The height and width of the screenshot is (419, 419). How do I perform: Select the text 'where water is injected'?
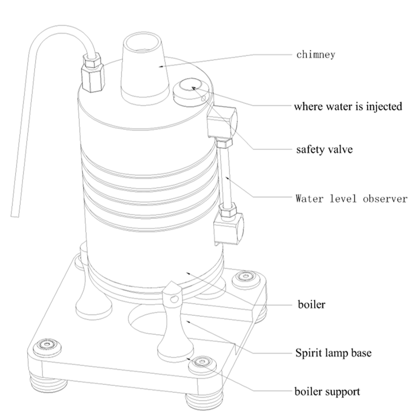(348, 107)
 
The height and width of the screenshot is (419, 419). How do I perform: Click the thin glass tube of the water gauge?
(227, 178)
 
